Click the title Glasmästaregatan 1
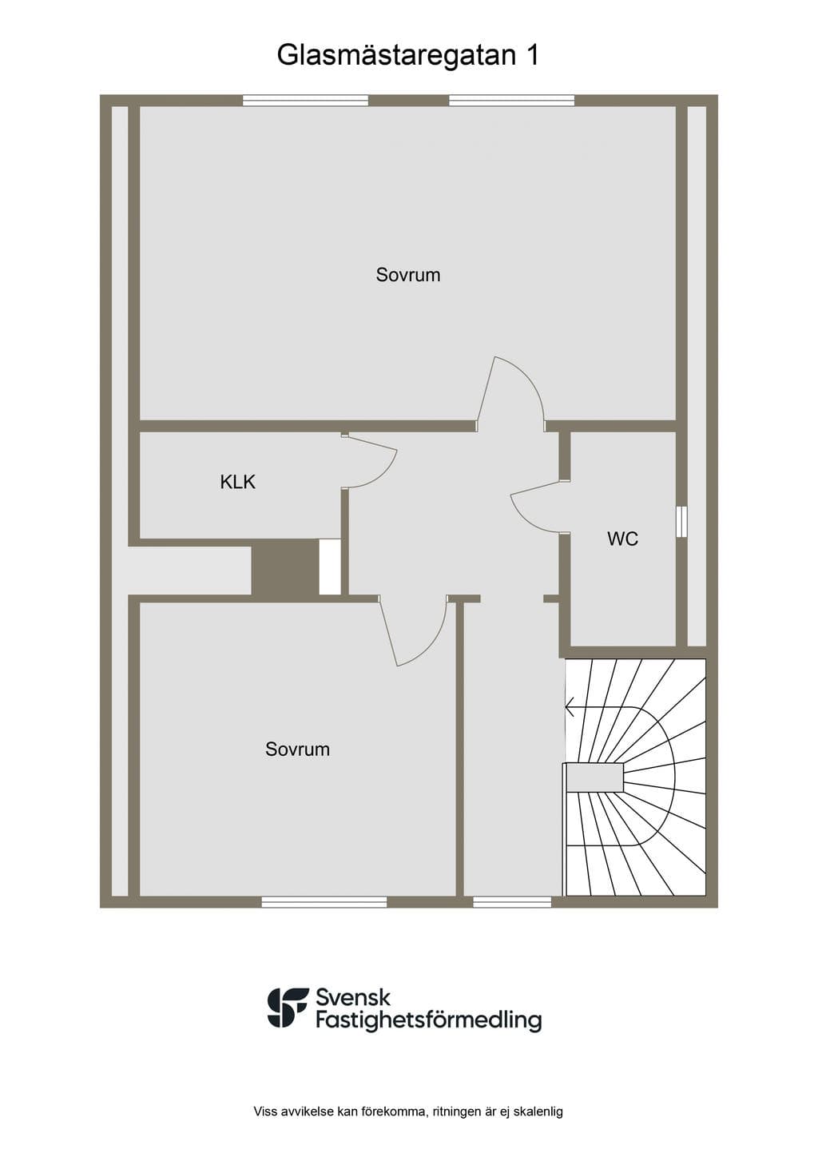pyautogui.click(x=408, y=55)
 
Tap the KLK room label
pyautogui.click(x=237, y=483)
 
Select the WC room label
pyautogui.click(x=622, y=539)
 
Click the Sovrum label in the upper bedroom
pyautogui.click(x=408, y=275)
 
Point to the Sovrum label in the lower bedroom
pyautogui.click(x=297, y=749)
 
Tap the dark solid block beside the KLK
pyautogui.click(x=285, y=567)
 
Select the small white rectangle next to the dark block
pyautogui.click(x=329, y=567)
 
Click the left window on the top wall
pyautogui.click(x=305, y=101)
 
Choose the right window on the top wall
pyautogui.click(x=511, y=101)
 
